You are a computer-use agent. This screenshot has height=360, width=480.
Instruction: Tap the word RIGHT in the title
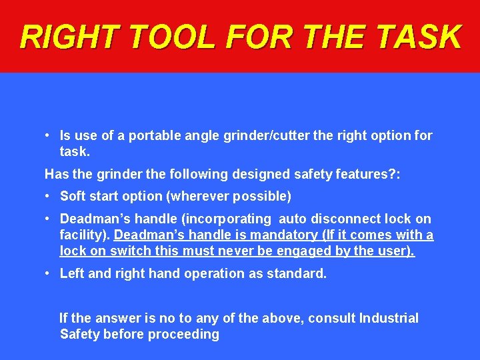point(66,37)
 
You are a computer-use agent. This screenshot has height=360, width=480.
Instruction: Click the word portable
point(152,136)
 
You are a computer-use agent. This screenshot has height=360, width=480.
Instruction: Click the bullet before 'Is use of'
point(48,136)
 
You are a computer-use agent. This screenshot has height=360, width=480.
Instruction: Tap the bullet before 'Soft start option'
point(48,196)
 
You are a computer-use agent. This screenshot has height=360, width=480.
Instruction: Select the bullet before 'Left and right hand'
point(48,273)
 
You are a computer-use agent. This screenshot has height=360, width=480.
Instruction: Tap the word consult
point(331,318)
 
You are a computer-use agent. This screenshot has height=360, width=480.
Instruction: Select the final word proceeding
point(186,334)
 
